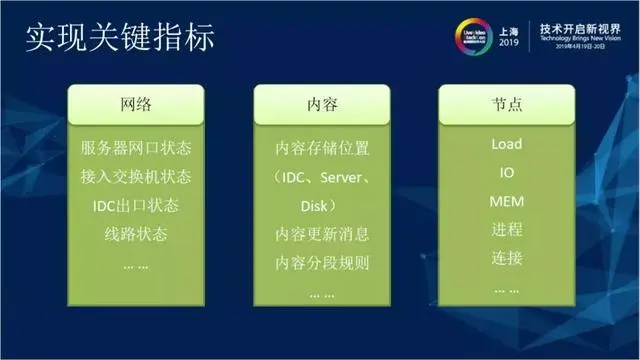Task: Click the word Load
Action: [x=506, y=144]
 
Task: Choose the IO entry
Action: [x=506, y=173]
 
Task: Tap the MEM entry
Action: [x=506, y=202]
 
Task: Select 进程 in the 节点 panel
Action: [x=506, y=230]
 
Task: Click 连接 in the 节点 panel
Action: [x=506, y=259]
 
